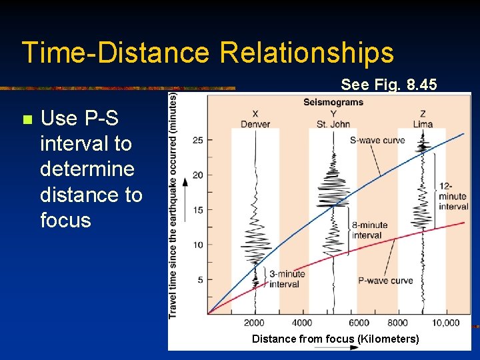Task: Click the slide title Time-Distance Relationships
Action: tap(207, 53)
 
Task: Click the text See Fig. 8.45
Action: tap(389, 85)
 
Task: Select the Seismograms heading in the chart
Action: tap(333, 102)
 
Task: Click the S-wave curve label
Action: tap(378, 140)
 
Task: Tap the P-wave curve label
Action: tap(385, 281)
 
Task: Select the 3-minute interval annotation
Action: tap(287, 279)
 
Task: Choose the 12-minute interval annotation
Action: tap(453, 197)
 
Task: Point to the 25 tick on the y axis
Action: tap(197, 140)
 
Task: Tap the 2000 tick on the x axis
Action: tap(255, 323)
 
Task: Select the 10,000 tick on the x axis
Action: tap(445, 323)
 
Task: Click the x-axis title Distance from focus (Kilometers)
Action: tap(335, 339)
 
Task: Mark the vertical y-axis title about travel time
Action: tap(173, 205)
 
